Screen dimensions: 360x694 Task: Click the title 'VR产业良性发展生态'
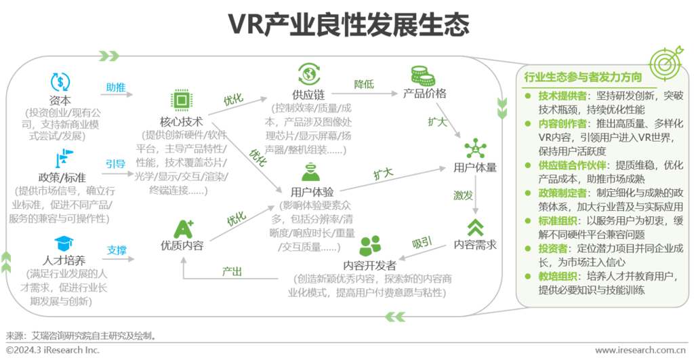tap(348, 25)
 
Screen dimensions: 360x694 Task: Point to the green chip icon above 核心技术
tap(181, 100)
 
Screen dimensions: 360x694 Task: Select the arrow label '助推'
tap(115, 87)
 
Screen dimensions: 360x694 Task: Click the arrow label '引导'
tap(115, 163)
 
